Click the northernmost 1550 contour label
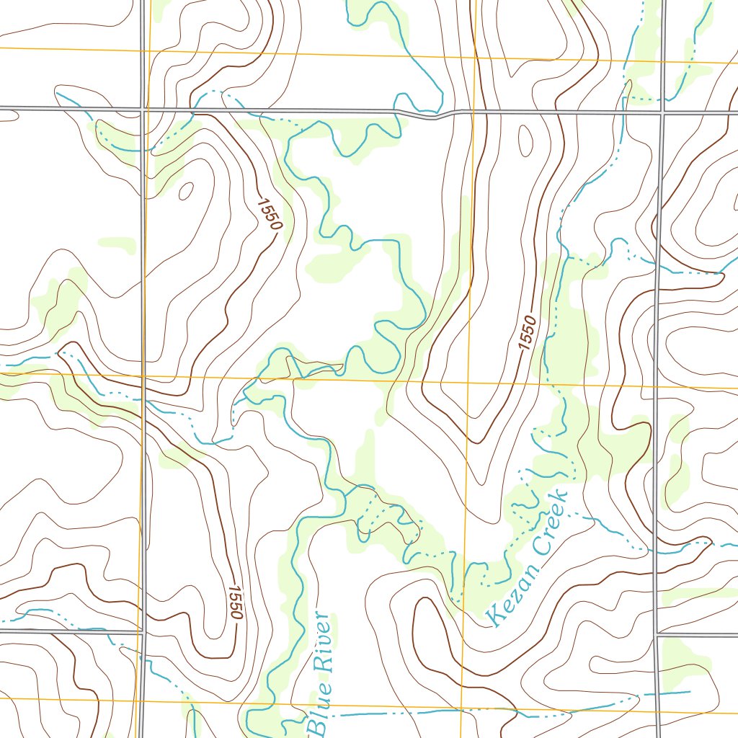click(268, 214)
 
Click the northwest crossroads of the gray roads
click(142, 110)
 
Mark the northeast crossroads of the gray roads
click(662, 112)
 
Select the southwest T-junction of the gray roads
click(143, 632)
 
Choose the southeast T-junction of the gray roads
click(657, 636)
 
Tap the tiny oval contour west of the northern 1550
click(186, 191)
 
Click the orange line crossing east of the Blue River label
click(461, 708)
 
